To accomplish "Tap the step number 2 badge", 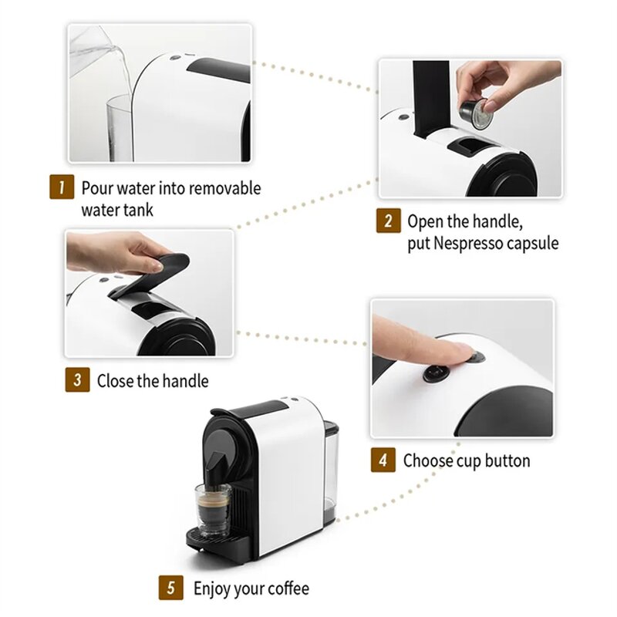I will (x=388, y=222).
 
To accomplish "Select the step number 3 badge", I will (x=76, y=380).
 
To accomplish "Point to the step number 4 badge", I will (x=383, y=460).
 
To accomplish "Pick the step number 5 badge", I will (x=171, y=588).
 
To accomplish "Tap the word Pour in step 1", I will (x=98, y=188).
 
